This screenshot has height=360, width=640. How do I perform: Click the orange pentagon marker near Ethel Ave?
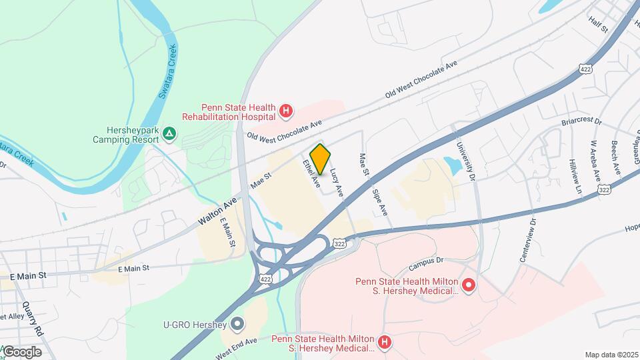point(321,159)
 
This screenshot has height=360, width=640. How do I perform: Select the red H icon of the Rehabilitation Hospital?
point(286,111)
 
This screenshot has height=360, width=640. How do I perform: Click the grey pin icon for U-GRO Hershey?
point(237,325)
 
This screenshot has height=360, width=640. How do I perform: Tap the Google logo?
point(22,351)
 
